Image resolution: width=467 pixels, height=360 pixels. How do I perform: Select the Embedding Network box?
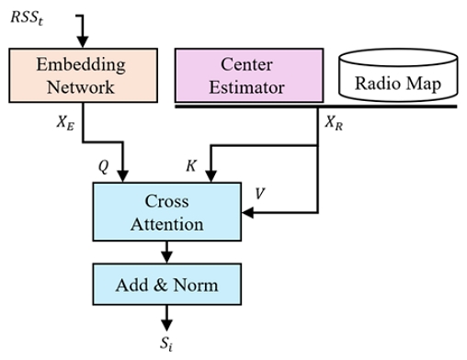pos(82,75)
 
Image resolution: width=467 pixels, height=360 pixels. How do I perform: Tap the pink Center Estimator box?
pos(248,75)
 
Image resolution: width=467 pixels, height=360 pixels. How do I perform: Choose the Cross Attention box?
pos(166,211)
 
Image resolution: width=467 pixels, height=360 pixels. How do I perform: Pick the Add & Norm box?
pos(166,285)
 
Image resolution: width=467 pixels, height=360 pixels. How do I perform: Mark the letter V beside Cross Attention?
pos(260,195)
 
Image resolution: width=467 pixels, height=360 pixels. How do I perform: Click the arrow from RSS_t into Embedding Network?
pos(83,37)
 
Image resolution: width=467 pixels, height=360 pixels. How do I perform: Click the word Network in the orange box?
pos(82,87)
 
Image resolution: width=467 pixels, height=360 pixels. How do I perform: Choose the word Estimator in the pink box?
pos(248,88)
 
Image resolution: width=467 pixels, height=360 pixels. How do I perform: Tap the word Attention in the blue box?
pos(166,223)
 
